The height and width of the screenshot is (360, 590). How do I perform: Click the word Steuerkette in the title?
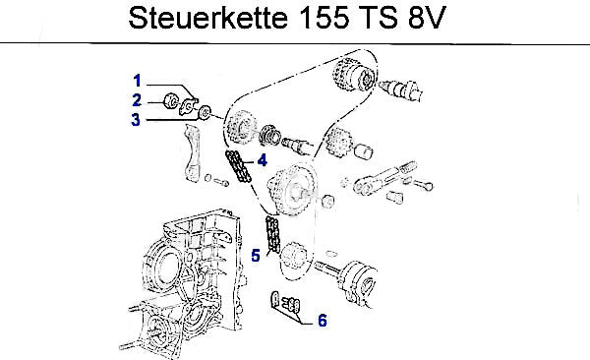coord(208,18)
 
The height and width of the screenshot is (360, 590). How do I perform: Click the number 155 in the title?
coord(324,18)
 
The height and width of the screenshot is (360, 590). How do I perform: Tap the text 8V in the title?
coord(427,18)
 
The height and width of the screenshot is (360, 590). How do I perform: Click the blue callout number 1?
coord(137,81)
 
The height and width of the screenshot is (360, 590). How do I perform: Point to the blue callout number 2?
coord(137,100)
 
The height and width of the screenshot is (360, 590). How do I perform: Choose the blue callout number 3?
coord(136,120)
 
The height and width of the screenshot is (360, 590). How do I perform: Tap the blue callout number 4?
coord(263,160)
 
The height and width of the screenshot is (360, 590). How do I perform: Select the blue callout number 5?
coord(256,256)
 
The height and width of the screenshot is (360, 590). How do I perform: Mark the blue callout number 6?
coord(323,321)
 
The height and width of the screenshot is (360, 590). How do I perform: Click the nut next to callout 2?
coord(171,100)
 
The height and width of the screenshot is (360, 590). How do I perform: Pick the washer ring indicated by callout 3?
coord(205,112)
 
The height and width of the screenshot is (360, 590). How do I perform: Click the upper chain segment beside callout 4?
coord(238,166)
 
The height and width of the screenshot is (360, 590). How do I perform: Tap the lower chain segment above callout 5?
coord(272,234)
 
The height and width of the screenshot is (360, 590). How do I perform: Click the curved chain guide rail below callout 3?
coord(193,153)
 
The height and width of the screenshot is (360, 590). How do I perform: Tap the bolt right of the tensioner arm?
coord(423,185)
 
